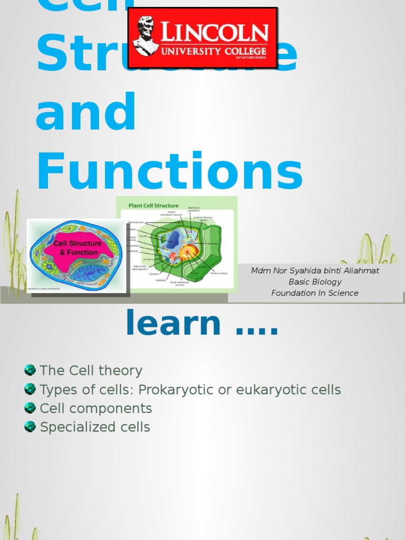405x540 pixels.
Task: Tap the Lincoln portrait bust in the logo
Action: click(x=145, y=36)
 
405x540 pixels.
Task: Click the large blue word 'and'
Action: click(x=86, y=112)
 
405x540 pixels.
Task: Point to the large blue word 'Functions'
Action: click(x=169, y=172)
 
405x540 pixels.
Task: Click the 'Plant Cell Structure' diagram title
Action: click(x=153, y=205)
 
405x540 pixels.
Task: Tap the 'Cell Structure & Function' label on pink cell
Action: click(x=78, y=248)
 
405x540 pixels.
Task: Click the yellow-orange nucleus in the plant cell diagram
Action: click(x=188, y=252)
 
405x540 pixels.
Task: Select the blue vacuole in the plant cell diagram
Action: click(x=173, y=240)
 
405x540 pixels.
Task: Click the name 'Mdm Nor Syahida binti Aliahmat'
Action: click(x=315, y=271)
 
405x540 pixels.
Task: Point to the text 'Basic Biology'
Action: click(x=315, y=282)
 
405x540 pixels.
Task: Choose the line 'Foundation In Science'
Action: click(x=315, y=293)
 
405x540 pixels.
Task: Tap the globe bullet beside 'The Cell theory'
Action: click(x=30, y=370)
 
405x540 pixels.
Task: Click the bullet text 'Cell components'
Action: click(x=96, y=409)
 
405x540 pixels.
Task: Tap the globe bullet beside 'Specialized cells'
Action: click(x=30, y=427)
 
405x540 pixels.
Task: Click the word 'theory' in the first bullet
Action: click(x=122, y=371)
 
